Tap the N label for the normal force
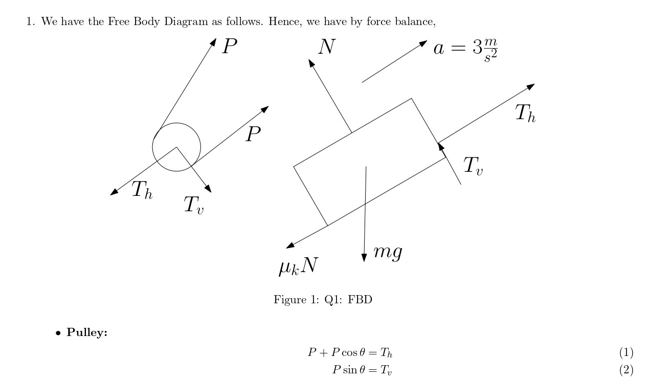coord(326,47)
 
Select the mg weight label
coord(388,252)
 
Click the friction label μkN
coord(298,266)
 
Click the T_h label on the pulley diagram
coord(142,190)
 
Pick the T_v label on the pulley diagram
coord(193,205)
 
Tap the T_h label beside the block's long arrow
coord(525,114)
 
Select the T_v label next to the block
coord(473,166)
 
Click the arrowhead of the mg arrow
coord(364,257)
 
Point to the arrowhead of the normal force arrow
coord(311,63)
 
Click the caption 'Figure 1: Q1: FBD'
coord(323,300)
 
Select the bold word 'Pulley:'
coord(87,333)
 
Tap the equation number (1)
coord(626,352)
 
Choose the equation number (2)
coord(626,370)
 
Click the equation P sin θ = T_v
coord(362,370)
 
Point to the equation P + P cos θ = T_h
coord(350,352)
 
